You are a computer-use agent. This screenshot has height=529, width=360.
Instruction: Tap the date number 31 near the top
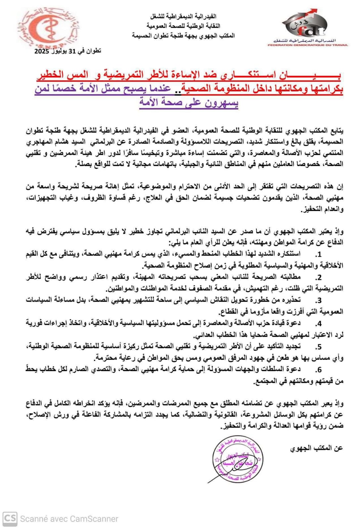click(x=72, y=51)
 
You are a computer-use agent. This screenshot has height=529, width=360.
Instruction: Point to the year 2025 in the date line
click(x=42, y=52)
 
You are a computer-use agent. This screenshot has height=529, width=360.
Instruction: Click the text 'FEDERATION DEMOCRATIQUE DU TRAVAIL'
click(x=308, y=45)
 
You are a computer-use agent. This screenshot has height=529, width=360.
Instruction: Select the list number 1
click(x=318, y=255)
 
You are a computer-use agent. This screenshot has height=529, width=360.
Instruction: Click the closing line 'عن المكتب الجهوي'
click(x=316, y=448)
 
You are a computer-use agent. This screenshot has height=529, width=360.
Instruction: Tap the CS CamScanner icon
click(x=10, y=518)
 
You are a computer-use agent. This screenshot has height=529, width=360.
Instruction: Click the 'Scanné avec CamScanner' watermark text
click(x=69, y=519)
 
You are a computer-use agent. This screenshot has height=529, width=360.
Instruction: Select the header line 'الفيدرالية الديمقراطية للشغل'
click(x=183, y=16)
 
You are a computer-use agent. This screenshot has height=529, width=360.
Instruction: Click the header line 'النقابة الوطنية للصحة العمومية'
click(x=183, y=26)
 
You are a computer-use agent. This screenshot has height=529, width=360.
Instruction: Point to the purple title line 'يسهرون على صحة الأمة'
click(x=189, y=102)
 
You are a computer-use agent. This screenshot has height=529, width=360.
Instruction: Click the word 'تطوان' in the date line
click(x=93, y=51)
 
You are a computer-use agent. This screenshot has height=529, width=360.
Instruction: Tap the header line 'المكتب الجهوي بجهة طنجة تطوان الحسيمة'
click(x=183, y=35)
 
